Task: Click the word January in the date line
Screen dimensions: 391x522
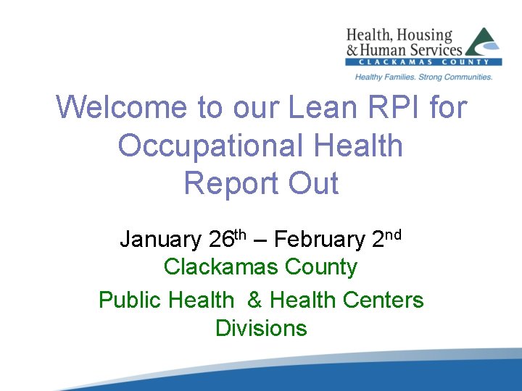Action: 159,239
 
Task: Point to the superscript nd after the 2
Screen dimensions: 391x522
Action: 393,234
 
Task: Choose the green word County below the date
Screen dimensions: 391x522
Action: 321,267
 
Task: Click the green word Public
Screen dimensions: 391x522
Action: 126,300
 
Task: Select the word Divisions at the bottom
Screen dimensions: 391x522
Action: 261,328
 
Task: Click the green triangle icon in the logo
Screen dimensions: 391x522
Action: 483,43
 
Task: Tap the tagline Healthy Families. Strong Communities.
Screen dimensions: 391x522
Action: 423,76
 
